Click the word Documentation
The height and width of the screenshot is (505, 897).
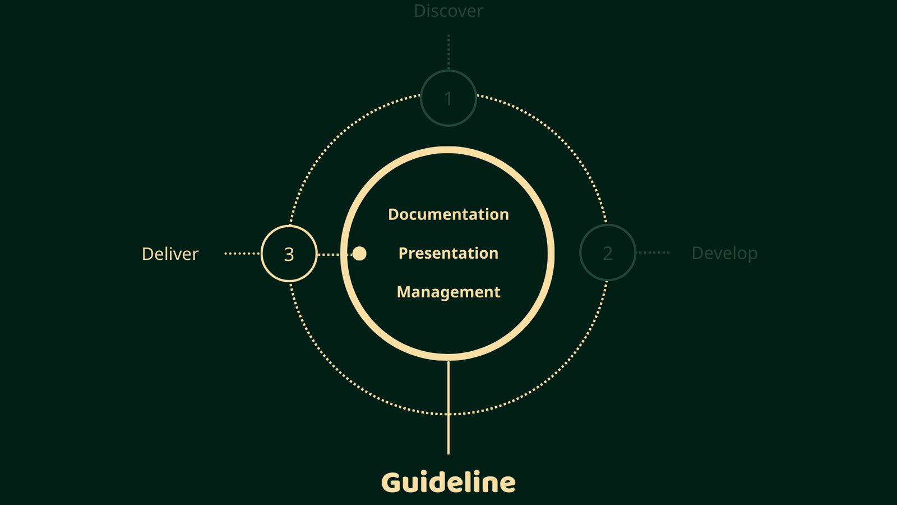(449, 214)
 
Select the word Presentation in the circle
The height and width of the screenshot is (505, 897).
(449, 253)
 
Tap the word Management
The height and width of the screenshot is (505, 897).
(449, 292)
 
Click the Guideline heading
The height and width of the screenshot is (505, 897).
(449, 483)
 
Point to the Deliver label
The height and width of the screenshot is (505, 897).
(170, 254)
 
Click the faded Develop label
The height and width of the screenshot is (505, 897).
(724, 253)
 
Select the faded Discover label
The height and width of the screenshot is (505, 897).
(449, 11)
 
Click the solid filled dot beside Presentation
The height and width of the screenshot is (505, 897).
(359, 254)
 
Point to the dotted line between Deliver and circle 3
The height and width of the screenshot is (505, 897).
(242, 254)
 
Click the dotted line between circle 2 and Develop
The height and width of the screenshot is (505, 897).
(654, 252)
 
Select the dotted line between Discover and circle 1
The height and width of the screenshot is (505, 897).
(449, 52)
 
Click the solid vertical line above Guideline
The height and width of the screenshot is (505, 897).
(449, 407)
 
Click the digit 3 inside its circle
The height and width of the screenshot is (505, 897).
(289, 255)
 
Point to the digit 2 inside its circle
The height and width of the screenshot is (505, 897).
(608, 254)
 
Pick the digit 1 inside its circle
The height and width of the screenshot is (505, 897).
(449, 99)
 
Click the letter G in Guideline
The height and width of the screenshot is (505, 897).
(392, 483)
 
